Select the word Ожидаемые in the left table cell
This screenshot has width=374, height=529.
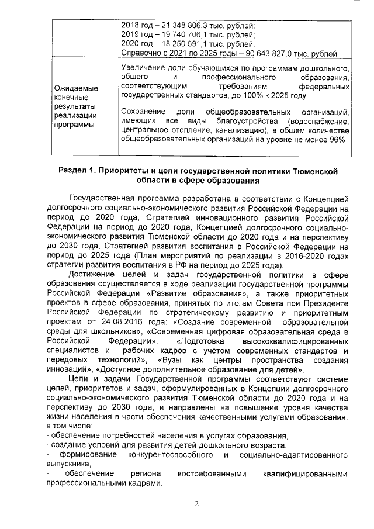(76, 88)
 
